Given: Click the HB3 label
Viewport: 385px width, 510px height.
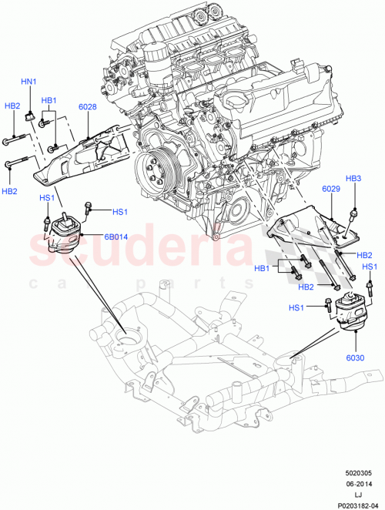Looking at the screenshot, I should tap(353, 179).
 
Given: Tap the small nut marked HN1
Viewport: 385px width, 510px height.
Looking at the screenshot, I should tap(28, 116).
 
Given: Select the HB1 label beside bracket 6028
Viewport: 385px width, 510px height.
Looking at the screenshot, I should tap(49, 100).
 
